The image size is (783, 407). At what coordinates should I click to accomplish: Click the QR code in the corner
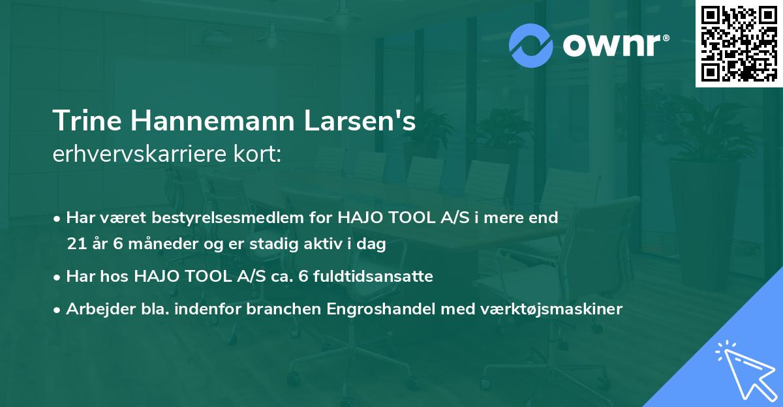(739, 43)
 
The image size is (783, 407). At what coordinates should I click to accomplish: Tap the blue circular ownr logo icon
(530, 45)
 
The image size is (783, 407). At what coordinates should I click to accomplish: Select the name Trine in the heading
(83, 121)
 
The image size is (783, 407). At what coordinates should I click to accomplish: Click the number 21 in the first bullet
(75, 245)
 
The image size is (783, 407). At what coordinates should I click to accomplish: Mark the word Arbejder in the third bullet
(96, 309)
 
